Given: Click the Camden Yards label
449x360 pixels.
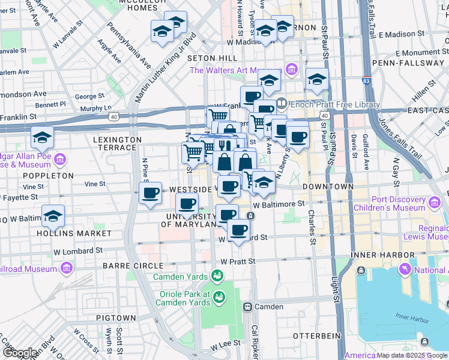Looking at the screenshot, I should pos(178,277).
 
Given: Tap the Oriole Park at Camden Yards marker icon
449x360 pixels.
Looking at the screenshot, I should pos(220,296).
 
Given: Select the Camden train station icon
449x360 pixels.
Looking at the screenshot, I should pos(247,307).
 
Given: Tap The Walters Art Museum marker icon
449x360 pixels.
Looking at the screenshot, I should pos(291,70).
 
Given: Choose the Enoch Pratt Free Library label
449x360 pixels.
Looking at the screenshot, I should pos(336,104).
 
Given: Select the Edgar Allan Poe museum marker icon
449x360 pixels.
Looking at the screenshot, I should pos(60,160).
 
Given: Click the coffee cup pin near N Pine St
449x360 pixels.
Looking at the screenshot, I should pos(150,193).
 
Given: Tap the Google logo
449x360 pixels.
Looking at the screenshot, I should pos(20,353).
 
